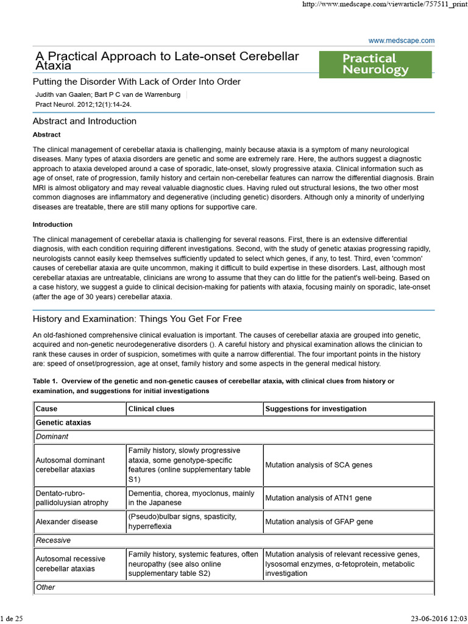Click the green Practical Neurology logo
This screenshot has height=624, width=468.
tap(375, 64)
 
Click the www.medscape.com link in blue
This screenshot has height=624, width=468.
tap(402, 40)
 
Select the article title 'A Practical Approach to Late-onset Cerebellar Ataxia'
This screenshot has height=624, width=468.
tap(166, 61)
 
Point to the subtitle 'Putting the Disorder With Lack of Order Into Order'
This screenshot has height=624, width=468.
tap(136, 82)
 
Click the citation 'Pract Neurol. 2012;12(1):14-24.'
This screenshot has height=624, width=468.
tap(83, 104)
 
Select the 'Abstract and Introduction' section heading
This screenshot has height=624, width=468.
tap(85, 121)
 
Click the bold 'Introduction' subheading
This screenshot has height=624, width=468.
tap(52, 224)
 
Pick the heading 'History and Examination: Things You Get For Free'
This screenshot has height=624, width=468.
tap(137, 319)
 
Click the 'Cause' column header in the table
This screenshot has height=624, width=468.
tap(46, 408)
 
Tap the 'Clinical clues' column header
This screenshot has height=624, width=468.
tap(151, 408)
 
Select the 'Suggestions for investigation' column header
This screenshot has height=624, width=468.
tap(316, 408)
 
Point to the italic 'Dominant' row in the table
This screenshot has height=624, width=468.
tap(52, 436)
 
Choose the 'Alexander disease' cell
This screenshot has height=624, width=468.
tap(66, 522)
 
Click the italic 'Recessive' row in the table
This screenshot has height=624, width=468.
tap(53, 540)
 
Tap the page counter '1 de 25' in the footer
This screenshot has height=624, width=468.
tap(12, 619)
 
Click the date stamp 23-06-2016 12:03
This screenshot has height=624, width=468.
tap(434, 619)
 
